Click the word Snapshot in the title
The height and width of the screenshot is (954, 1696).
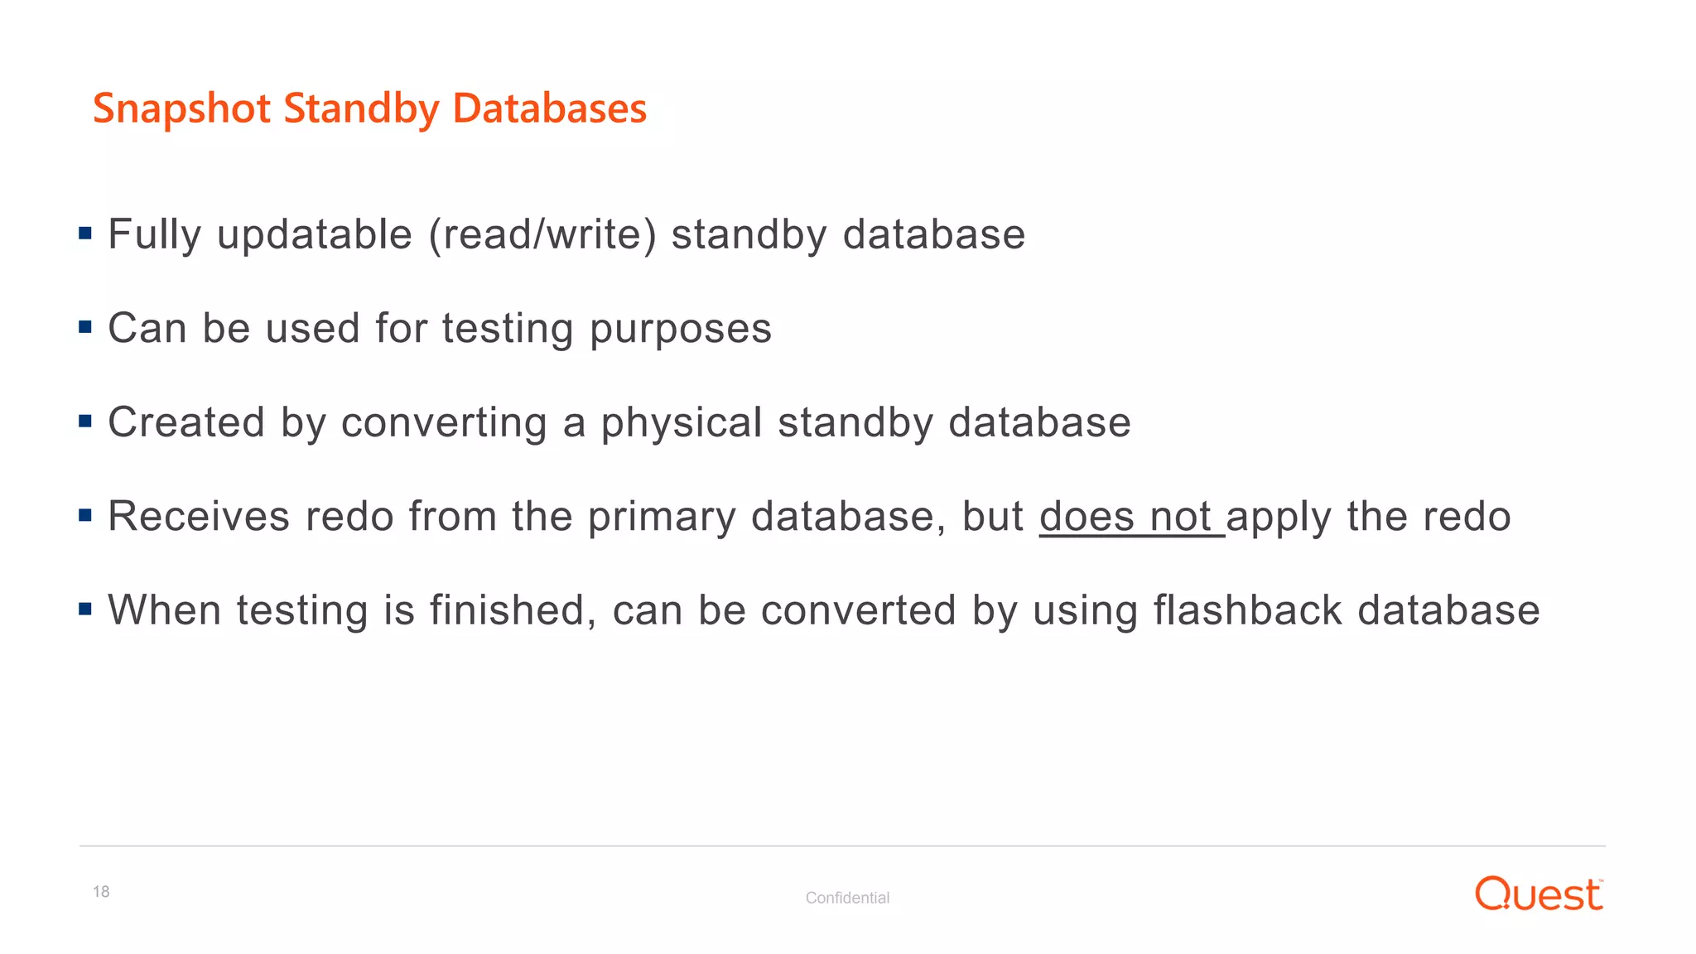coord(181,109)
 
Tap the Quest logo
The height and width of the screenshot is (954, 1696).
coord(1539,894)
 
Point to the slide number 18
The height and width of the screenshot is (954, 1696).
coord(101,892)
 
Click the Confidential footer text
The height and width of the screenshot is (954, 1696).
coord(847,898)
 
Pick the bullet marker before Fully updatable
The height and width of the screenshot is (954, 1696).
coord(85,233)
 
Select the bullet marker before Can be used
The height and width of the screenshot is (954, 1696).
coord(85,327)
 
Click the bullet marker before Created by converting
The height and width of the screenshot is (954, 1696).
coord(85,421)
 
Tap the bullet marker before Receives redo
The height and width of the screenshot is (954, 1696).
coord(85,515)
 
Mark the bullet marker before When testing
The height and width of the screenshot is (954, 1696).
coord(85,609)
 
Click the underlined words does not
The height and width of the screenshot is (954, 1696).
coord(1130,517)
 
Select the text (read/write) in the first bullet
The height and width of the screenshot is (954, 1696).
coord(542,234)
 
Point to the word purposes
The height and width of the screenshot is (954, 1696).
coord(681,330)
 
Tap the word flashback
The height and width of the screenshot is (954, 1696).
coord(1247,610)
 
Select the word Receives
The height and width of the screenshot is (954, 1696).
coord(199,517)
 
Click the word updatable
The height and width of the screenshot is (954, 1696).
coord(315,235)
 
